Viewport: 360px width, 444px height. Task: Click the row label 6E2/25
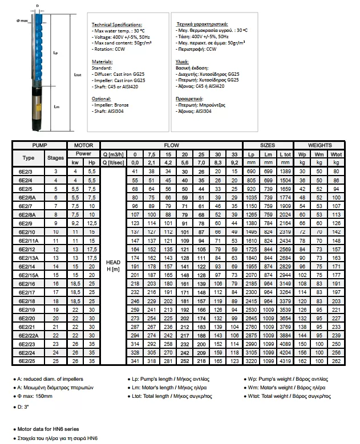click(27, 361)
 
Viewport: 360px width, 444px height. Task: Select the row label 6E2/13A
click(27, 258)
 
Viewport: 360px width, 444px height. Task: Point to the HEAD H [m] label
click(114, 265)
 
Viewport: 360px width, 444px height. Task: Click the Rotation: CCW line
click(110, 49)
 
